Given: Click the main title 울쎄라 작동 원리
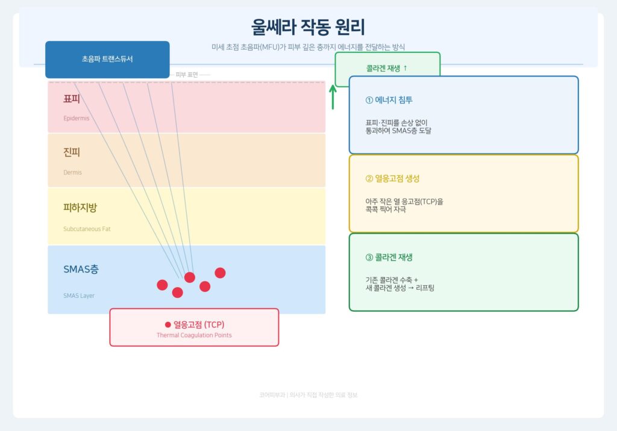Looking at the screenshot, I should [x=308, y=28].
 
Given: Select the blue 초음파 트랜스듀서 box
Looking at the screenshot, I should [x=107, y=59].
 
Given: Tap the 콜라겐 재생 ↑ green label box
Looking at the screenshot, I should [x=387, y=68].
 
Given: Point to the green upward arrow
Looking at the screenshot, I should [x=333, y=97].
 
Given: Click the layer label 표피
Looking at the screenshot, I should [x=72, y=99].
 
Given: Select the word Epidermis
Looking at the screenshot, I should [x=76, y=119].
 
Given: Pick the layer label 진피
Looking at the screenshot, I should [x=72, y=152].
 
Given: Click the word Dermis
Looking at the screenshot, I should [x=72, y=173].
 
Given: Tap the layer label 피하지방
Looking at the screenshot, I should [x=80, y=208].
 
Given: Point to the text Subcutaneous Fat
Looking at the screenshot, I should [x=87, y=229].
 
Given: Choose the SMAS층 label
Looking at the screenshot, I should [x=81, y=270].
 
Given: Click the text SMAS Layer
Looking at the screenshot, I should [x=79, y=296].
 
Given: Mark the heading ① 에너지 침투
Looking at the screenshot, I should [x=389, y=101].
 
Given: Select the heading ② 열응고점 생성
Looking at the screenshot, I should [x=392, y=179].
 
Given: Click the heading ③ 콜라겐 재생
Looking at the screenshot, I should [x=389, y=258].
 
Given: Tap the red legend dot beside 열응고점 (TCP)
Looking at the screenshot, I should [x=168, y=324].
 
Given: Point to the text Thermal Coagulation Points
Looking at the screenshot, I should [x=194, y=335].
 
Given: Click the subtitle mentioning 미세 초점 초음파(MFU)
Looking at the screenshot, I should [x=308, y=47].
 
